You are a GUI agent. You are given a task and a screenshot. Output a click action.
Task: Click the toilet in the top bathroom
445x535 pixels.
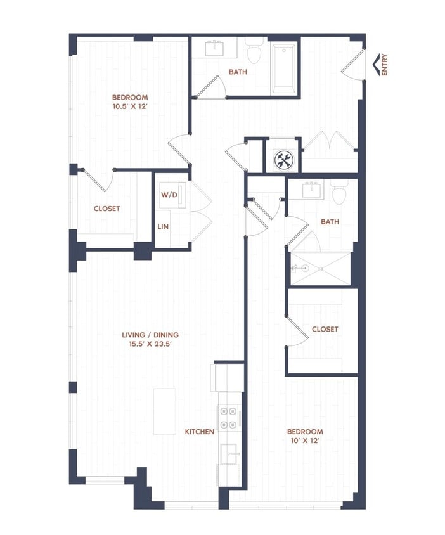point(254,51)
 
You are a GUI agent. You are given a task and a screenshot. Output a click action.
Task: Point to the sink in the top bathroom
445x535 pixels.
point(215,48)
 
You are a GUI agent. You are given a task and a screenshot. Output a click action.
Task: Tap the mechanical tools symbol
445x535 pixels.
point(283,160)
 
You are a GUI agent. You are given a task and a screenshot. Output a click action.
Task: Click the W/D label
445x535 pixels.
point(168,195)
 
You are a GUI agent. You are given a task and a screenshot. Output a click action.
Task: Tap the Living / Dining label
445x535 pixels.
point(150,335)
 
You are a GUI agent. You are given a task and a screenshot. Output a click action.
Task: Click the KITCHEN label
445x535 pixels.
point(199,432)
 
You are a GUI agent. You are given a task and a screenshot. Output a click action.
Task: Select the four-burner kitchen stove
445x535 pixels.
point(228,417)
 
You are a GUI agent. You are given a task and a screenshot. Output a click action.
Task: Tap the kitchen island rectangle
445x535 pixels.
point(165,411)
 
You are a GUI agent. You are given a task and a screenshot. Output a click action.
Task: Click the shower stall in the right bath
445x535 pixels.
point(320,268)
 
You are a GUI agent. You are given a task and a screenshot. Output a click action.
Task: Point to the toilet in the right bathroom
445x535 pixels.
point(339,192)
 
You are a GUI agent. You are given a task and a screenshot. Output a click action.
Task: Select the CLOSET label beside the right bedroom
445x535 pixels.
point(325,330)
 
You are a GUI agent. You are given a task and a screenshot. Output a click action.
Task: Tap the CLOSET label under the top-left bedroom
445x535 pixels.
point(106,209)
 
